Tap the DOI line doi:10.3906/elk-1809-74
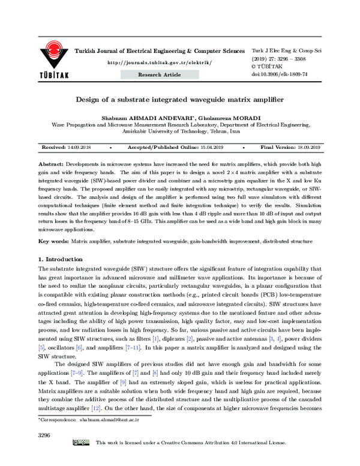[279, 74]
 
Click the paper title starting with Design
[180, 102]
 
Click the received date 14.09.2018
[79, 147]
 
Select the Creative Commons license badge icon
[82, 459]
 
